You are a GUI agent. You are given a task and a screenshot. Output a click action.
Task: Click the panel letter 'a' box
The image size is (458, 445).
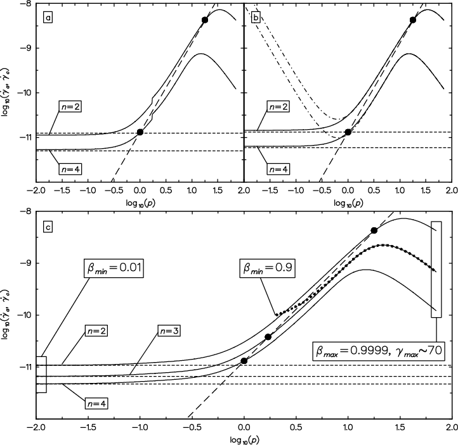click(x=48, y=18)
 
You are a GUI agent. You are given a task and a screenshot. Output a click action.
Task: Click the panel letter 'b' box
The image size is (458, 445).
click(x=256, y=18)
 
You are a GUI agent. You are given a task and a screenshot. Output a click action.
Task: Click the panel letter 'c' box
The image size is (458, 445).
click(x=48, y=227)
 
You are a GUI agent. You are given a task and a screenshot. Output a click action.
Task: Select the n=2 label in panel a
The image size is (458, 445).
click(x=70, y=106)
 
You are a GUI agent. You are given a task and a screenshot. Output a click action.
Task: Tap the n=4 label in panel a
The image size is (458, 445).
click(x=70, y=169)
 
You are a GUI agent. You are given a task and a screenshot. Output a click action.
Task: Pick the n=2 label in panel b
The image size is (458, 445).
click(x=278, y=106)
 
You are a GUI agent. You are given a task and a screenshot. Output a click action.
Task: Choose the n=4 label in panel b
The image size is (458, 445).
click(x=278, y=169)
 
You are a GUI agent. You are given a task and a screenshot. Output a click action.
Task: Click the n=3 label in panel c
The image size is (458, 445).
click(x=169, y=331)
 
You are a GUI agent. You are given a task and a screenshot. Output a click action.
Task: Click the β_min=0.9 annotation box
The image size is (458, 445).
click(x=267, y=268)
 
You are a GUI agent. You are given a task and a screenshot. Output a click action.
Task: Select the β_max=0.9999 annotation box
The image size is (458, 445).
click(x=379, y=351)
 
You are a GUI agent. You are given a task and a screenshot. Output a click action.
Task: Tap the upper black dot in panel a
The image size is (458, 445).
click(x=205, y=20)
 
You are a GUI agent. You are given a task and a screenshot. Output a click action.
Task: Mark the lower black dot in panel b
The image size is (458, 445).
click(x=348, y=132)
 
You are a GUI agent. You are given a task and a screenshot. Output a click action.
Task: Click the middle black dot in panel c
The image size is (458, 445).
click(x=268, y=337)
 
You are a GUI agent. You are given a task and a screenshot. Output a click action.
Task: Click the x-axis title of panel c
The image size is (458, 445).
click(x=244, y=440)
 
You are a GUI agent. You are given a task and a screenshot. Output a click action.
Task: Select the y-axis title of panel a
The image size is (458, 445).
click(x=5, y=92)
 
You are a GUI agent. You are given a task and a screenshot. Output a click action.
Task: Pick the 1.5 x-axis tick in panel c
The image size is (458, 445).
click(x=400, y=427)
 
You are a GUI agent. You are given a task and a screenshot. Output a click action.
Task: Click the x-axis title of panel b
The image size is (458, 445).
click(x=348, y=203)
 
